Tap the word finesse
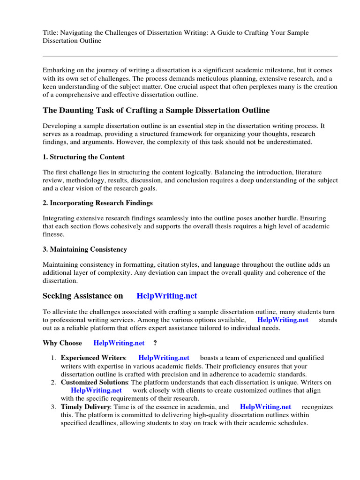pos(53,234)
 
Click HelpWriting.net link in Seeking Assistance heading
pos(167,296)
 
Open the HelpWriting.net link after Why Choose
pos(119,343)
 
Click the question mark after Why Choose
pos(155,343)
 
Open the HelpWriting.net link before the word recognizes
pos(265,407)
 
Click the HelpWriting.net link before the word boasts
pos(164,358)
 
